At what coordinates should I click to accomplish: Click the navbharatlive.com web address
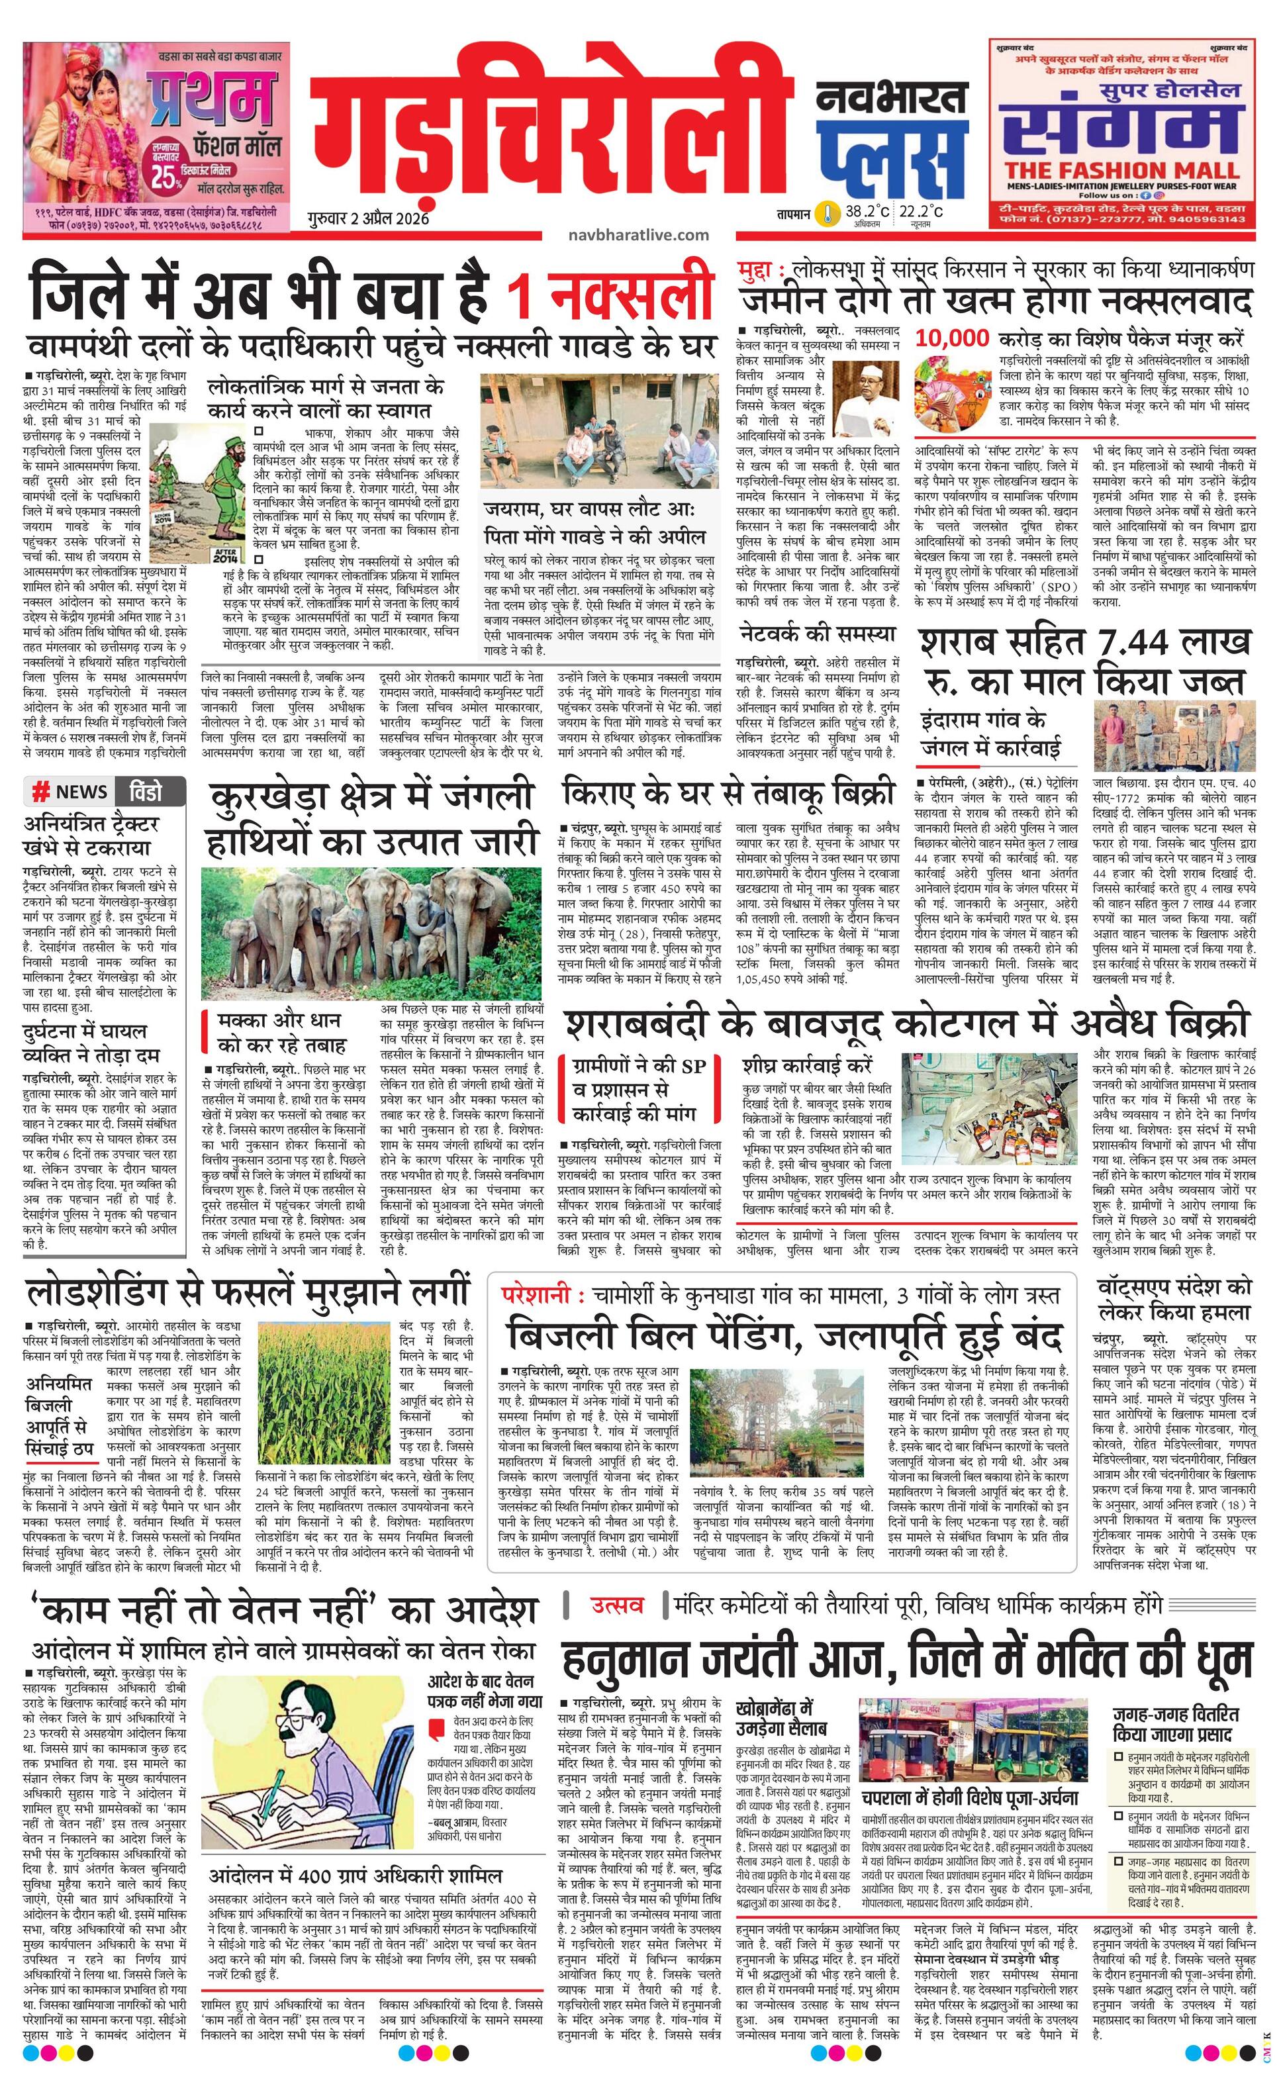[638, 234]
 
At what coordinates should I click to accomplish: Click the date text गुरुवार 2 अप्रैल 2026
[368, 218]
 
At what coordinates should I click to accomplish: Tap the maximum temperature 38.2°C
[867, 211]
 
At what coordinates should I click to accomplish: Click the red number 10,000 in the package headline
[952, 338]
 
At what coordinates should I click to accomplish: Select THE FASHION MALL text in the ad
[1121, 169]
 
